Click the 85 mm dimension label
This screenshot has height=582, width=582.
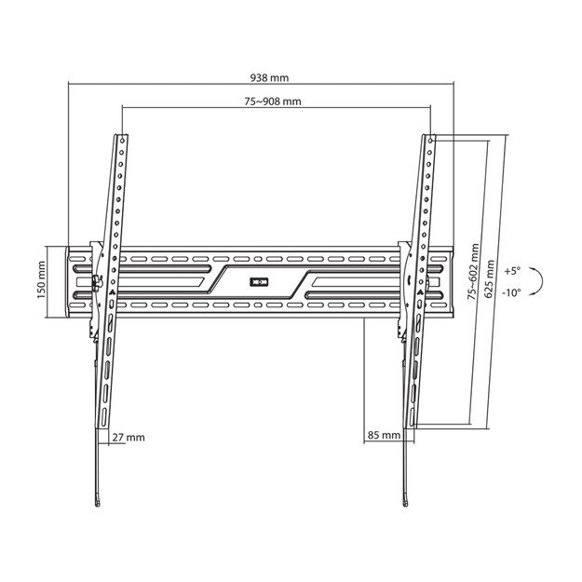(x=384, y=435)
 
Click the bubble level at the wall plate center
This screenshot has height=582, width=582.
(x=259, y=279)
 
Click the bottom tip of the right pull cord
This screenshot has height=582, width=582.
(x=404, y=506)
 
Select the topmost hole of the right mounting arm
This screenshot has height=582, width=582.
(x=431, y=139)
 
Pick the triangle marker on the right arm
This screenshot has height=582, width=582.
(x=419, y=291)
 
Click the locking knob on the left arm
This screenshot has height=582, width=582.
(x=95, y=279)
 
